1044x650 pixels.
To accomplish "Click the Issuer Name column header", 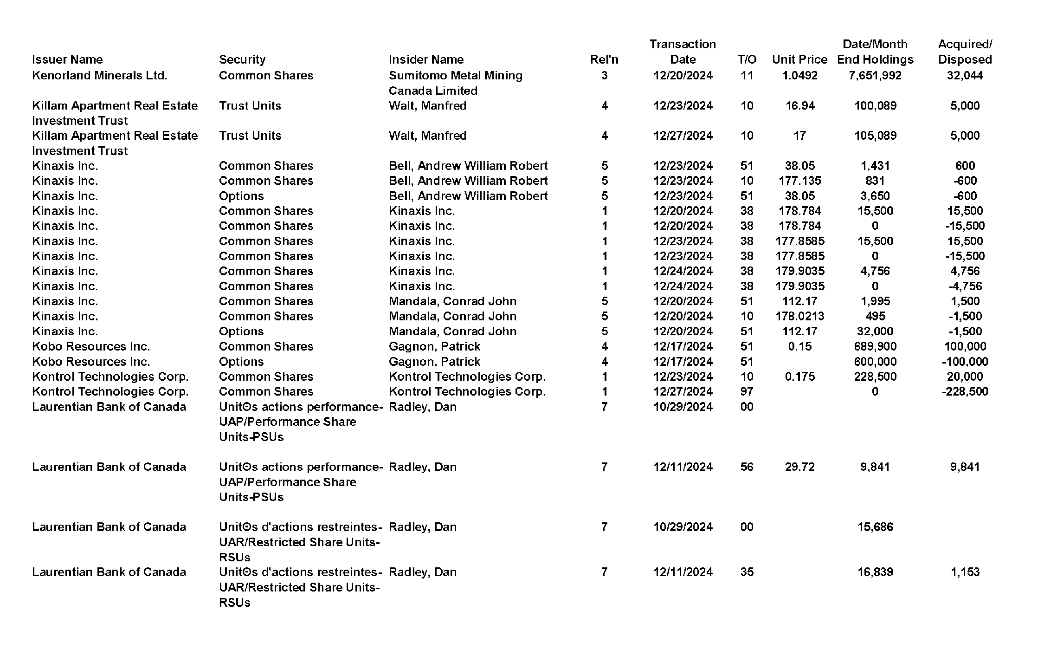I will point(67,59).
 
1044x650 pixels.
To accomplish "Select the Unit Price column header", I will point(799,59).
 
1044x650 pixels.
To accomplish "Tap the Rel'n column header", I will point(604,59).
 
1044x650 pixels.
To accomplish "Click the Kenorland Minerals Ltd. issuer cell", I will point(99,75).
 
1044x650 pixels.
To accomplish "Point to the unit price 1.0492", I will point(799,75).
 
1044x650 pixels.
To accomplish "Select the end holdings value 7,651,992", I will point(875,75).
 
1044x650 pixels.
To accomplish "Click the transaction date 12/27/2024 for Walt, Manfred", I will point(683,136).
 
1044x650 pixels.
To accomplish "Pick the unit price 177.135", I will point(799,181).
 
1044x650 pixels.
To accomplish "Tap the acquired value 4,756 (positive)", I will point(965,271).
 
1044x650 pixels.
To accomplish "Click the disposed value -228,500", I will point(965,391).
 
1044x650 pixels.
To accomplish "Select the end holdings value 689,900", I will point(875,346).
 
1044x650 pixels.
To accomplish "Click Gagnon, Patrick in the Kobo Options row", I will point(434,362).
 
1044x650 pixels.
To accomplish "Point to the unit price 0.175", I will point(799,377).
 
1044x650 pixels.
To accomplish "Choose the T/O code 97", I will point(747,391).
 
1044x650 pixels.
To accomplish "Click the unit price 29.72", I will point(799,467).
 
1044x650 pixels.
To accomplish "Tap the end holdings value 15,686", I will point(875,527).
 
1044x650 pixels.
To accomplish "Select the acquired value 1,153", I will point(965,572).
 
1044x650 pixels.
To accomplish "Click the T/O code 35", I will point(747,572).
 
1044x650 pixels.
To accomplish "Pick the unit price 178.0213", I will point(799,316).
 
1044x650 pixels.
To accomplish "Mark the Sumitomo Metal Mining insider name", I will point(455,83).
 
